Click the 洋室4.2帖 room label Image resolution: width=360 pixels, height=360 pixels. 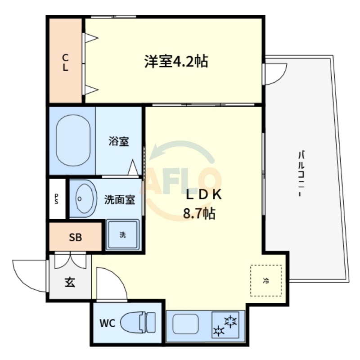[175, 61]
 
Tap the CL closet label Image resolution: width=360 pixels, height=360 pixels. [65, 63]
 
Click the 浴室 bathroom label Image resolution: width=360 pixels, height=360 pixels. [119, 141]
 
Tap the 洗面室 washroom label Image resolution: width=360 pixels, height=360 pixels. [119, 199]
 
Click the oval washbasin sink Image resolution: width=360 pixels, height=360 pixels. [83, 198]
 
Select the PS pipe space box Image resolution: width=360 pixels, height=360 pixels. [57, 199]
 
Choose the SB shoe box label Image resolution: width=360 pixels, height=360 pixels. [75, 238]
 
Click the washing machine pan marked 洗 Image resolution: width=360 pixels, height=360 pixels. [122, 235]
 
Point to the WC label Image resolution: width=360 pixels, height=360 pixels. [108, 323]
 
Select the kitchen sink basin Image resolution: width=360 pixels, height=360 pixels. [185, 324]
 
